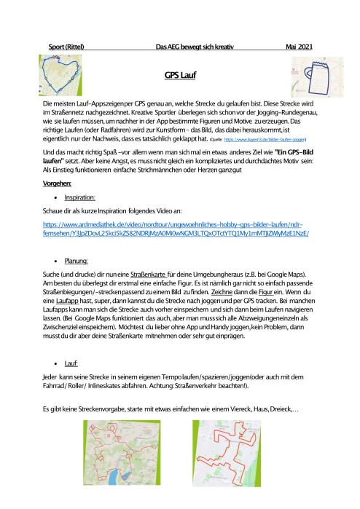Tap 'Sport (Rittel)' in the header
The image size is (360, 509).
point(65,46)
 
